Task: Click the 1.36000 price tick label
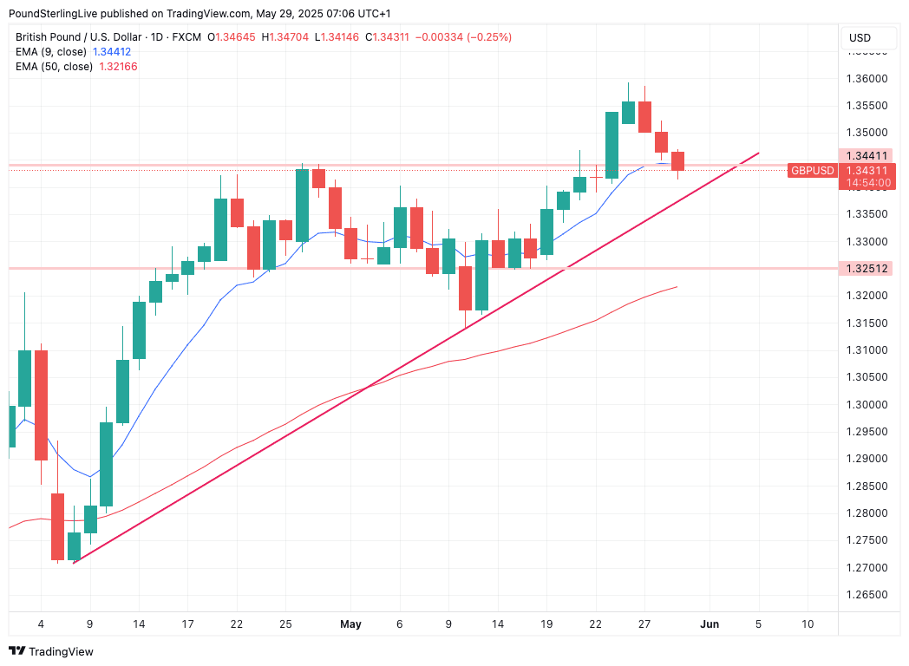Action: coord(867,79)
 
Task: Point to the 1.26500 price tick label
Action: coord(867,595)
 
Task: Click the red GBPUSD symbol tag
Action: coord(812,171)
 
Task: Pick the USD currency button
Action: coord(860,38)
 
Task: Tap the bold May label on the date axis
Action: coord(350,624)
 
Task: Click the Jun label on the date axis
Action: coord(709,624)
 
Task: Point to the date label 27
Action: coord(644,624)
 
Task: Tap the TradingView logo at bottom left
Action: coord(51,651)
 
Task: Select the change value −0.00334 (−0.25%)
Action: coord(464,37)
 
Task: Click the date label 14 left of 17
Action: coord(138,624)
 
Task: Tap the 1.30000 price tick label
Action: coord(867,405)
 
